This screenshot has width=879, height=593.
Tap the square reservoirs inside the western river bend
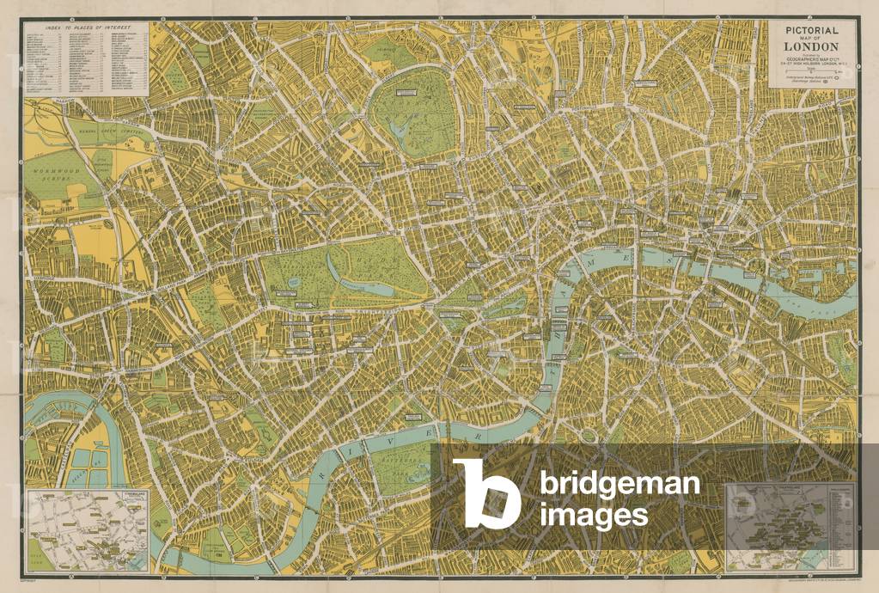[86, 460]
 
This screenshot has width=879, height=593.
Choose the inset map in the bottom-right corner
[790, 526]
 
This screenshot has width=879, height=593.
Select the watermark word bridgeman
[619, 486]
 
